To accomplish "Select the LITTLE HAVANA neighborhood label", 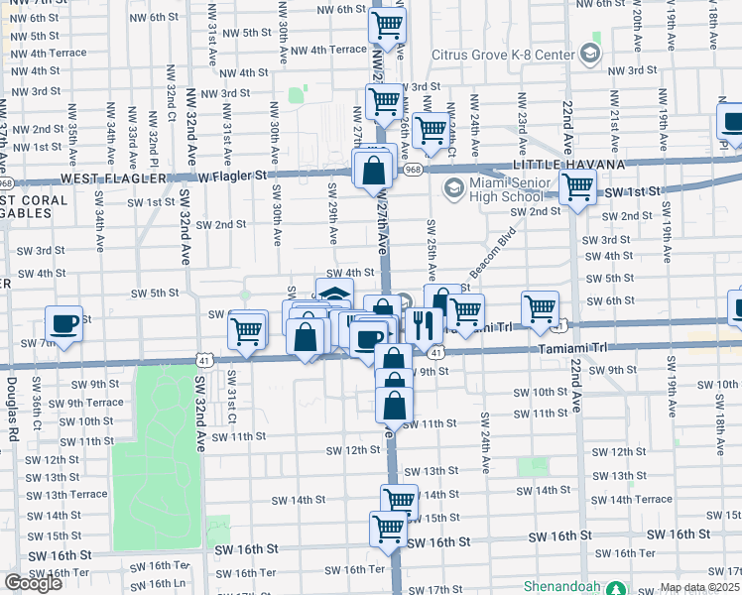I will pyautogui.click(x=568, y=164).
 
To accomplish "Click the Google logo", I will pyautogui.click(x=33, y=583).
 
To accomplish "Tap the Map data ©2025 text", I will pyautogui.click(x=700, y=587).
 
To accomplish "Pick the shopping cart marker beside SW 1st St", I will pyautogui.click(x=577, y=185).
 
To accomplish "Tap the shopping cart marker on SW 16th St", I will pyautogui.click(x=388, y=528).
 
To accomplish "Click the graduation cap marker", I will pyautogui.click(x=334, y=294).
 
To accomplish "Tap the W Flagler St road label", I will pyautogui.click(x=233, y=176).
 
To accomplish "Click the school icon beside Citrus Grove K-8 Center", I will pyautogui.click(x=592, y=52).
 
